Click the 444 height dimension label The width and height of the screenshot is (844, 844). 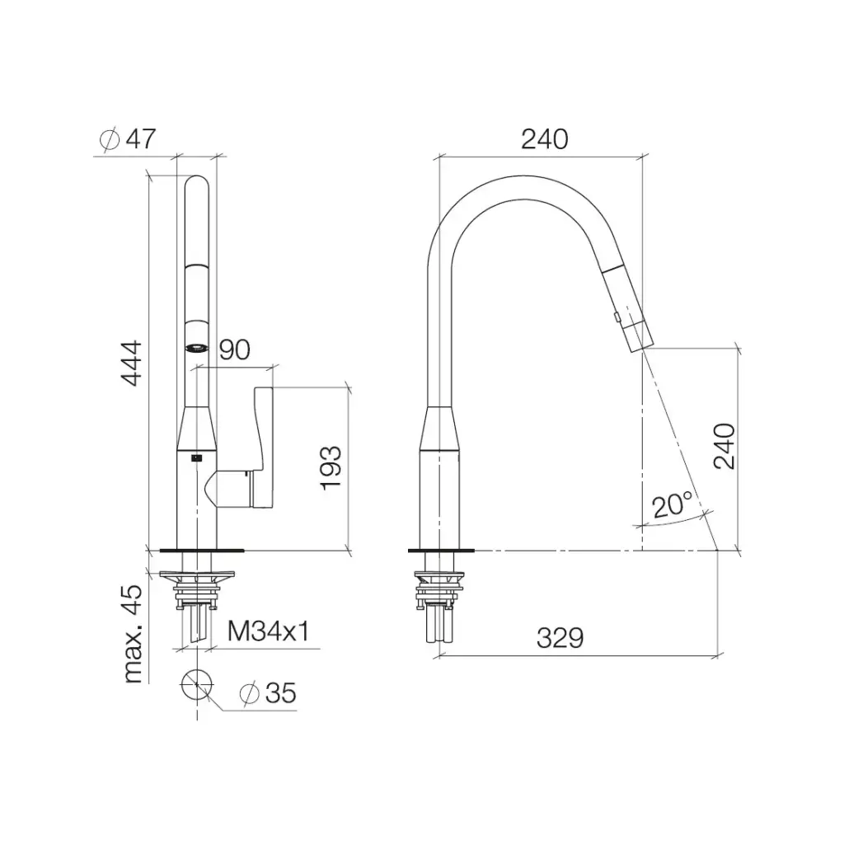coord(131,363)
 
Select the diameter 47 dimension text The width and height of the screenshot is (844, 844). coord(128,138)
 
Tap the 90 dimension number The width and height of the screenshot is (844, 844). coord(235,349)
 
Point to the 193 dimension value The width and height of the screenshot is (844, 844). coord(331,468)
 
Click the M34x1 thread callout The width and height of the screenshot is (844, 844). coord(269,631)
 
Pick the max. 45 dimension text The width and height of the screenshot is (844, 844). coord(132,634)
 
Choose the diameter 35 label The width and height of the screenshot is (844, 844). coord(268,693)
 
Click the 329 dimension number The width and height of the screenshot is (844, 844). coord(560,639)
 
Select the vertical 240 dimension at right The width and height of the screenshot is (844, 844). coord(724,446)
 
